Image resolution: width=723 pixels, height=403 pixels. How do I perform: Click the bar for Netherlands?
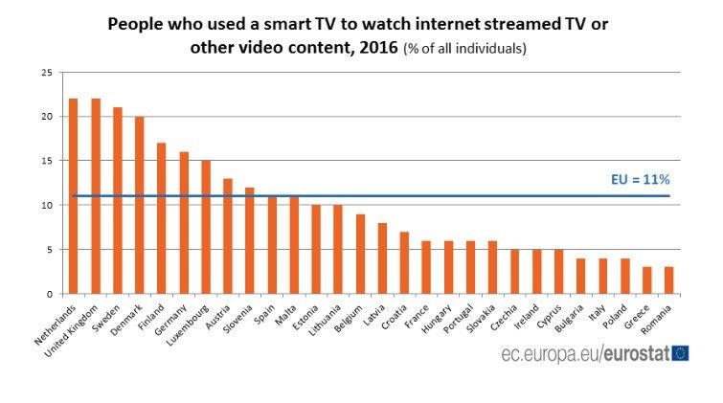(x=73, y=196)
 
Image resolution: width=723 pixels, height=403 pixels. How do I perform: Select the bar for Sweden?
(x=118, y=201)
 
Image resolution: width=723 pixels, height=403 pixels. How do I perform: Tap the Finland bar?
(x=162, y=218)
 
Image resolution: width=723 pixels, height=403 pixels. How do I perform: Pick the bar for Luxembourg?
(x=206, y=228)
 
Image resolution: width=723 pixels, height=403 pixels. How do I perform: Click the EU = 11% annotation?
(x=640, y=179)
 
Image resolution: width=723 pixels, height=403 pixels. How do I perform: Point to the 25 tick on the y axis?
(x=47, y=73)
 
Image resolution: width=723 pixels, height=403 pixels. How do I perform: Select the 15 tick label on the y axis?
(x=47, y=162)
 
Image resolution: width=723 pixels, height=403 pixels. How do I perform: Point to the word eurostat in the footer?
(x=635, y=354)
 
